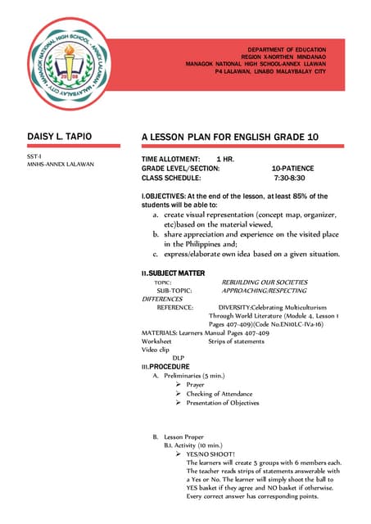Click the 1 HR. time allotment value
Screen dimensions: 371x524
coord(225,158)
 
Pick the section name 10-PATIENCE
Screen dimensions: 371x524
coord(292,168)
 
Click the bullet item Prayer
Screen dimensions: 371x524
coord(195,384)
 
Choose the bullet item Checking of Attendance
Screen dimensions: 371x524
coord(219,394)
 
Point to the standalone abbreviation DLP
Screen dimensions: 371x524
coord(178,358)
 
